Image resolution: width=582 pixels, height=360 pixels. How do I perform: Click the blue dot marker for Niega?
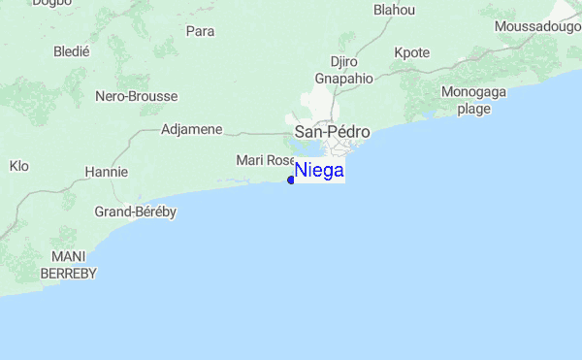(291, 180)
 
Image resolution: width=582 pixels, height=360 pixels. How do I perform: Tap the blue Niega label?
(319, 171)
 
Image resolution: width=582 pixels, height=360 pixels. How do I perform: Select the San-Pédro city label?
(332, 131)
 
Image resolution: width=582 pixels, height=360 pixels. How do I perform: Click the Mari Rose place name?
(265, 159)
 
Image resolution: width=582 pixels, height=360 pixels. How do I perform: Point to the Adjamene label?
(192, 129)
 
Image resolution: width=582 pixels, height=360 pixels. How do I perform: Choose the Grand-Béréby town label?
(135, 212)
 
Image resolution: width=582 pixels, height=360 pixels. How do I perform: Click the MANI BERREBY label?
(69, 266)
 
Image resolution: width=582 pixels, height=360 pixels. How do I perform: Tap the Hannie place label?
(107, 172)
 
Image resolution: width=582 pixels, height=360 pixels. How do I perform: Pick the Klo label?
(19, 166)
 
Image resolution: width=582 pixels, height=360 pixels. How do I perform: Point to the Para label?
(200, 31)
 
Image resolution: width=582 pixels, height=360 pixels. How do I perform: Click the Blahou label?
(394, 10)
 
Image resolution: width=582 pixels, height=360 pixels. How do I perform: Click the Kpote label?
(412, 52)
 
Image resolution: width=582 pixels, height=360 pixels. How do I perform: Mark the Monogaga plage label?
(473, 100)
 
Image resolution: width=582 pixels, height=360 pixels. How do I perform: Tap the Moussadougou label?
(537, 26)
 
